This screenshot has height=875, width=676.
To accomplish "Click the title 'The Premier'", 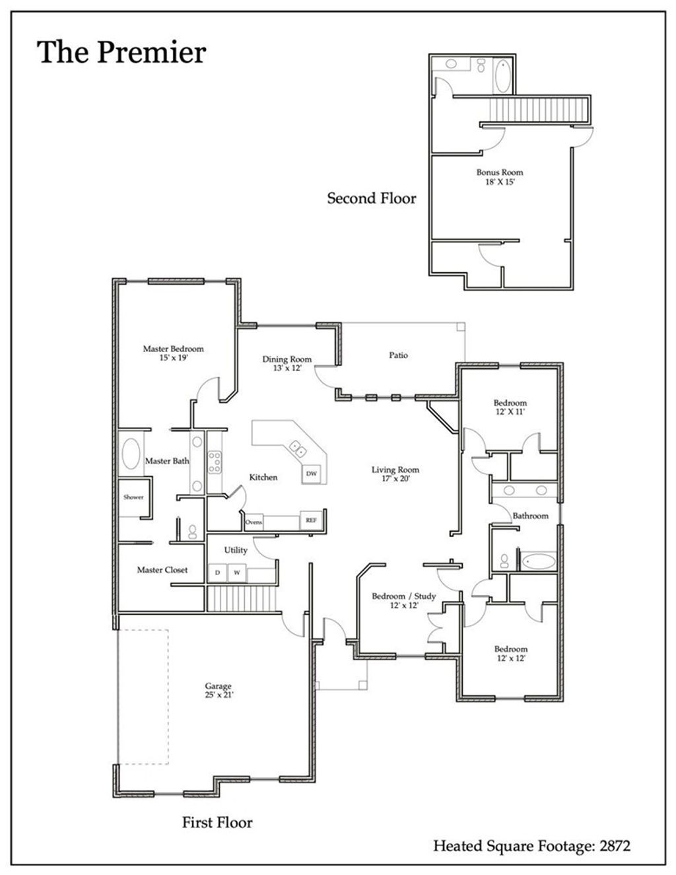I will click(x=121, y=53).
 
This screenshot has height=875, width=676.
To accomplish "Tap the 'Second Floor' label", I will click(x=372, y=198).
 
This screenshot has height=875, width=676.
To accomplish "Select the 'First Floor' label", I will click(x=217, y=822).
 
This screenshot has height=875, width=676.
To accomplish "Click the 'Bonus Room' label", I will click(x=500, y=172).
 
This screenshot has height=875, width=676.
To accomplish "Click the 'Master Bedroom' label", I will click(x=173, y=349).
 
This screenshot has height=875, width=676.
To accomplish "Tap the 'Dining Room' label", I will click(x=287, y=359).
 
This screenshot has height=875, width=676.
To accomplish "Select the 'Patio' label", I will click(x=398, y=355).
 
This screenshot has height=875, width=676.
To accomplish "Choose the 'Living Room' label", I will click(x=395, y=470).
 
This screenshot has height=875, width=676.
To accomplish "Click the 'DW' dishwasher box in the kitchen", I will click(x=311, y=474).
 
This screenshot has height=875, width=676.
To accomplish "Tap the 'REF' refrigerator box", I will click(x=311, y=520).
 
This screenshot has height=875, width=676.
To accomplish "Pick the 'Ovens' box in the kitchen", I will click(x=253, y=522).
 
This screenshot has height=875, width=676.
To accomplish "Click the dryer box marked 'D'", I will click(x=217, y=573).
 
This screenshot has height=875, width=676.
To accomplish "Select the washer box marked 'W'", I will click(x=236, y=573).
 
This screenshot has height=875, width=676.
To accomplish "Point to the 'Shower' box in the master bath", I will click(x=133, y=497).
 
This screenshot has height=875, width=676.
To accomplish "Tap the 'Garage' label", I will click(x=218, y=687).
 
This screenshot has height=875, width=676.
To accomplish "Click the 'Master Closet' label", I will click(x=162, y=570).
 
